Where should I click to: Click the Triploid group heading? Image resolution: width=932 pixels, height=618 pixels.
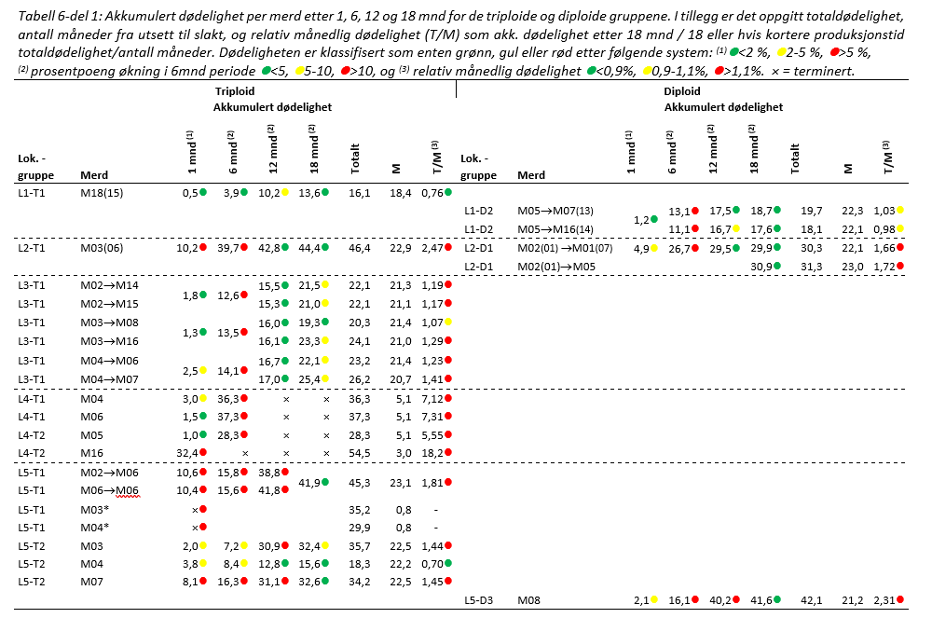[x=235, y=92]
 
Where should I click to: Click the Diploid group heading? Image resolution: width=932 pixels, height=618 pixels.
[x=682, y=92]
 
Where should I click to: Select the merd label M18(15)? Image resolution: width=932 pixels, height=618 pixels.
[x=102, y=192]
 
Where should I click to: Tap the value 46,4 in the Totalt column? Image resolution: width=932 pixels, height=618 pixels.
[x=360, y=248]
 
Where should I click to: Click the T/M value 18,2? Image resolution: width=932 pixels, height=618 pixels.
[x=430, y=454]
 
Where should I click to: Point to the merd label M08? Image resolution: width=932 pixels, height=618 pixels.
[x=529, y=600]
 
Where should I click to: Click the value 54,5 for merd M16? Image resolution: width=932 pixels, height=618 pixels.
[x=360, y=454]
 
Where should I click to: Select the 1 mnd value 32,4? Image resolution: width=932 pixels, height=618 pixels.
[x=186, y=454]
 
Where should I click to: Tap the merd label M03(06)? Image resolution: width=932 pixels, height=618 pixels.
[x=102, y=248]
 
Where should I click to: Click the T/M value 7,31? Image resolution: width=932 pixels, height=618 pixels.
[x=430, y=417]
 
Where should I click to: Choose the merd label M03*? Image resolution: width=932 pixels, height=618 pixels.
[x=94, y=510]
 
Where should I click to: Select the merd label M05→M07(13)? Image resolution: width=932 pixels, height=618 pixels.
[x=555, y=212]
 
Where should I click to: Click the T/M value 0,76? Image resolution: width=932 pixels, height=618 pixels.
[x=430, y=192]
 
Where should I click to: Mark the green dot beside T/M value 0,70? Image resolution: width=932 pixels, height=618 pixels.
[x=448, y=564]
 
